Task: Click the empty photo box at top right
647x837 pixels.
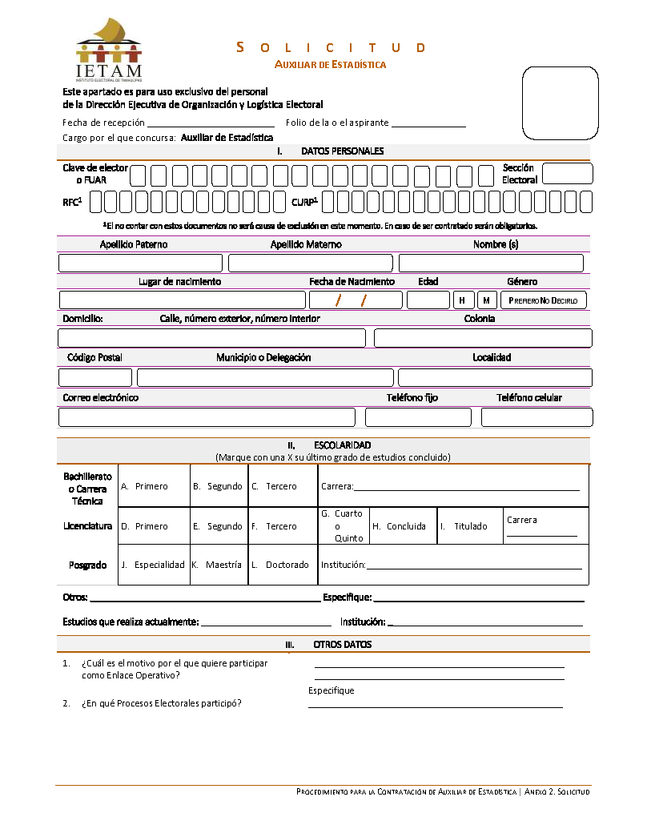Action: [561, 103]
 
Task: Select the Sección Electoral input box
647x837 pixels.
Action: [567, 174]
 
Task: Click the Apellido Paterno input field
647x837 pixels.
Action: [140, 263]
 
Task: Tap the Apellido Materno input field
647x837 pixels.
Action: [310, 263]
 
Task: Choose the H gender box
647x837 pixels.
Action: [463, 300]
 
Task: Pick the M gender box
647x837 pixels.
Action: [487, 300]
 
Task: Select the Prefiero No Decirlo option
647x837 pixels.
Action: [543, 300]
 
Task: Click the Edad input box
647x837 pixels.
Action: [428, 300]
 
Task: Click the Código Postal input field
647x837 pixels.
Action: [95, 378]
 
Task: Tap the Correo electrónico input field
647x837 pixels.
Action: [207, 417]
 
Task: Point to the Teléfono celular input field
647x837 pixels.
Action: [536, 417]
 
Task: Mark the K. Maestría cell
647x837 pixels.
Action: [219, 565]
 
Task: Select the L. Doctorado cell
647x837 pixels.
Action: [283, 565]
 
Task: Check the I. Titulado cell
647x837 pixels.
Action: [470, 526]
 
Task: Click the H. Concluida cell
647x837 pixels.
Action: [404, 526]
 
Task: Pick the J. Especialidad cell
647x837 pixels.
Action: [153, 565]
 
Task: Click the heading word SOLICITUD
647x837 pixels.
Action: [331, 48]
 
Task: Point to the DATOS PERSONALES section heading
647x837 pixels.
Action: [342, 151]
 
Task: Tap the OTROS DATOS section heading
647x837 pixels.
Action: [342, 645]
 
